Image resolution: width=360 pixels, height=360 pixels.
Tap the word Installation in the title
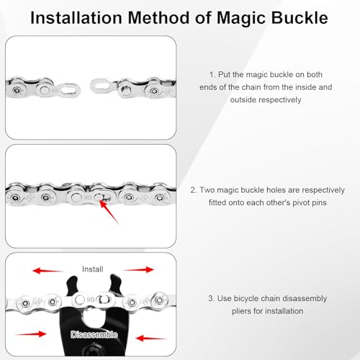(76, 18)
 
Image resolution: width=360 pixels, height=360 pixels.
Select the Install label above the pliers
(92, 269)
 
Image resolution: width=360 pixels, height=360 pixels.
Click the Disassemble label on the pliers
(94, 335)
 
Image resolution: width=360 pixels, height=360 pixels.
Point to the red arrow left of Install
(48, 271)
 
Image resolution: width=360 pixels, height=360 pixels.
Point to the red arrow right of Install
(138, 269)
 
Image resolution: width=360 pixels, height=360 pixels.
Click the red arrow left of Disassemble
(30, 334)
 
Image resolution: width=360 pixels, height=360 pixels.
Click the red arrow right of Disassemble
(151, 338)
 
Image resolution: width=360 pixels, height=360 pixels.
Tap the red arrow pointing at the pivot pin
(109, 212)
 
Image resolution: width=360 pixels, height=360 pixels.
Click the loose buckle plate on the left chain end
(70, 91)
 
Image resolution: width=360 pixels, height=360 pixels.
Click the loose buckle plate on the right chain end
(102, 86)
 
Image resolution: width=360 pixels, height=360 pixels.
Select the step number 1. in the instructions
(212, 75)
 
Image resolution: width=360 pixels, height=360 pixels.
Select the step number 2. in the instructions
(194, 190)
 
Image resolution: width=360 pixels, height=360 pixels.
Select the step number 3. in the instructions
(211, 299)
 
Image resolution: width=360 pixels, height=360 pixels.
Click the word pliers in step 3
(241, 312)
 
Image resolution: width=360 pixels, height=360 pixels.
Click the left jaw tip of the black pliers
(73, 279)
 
